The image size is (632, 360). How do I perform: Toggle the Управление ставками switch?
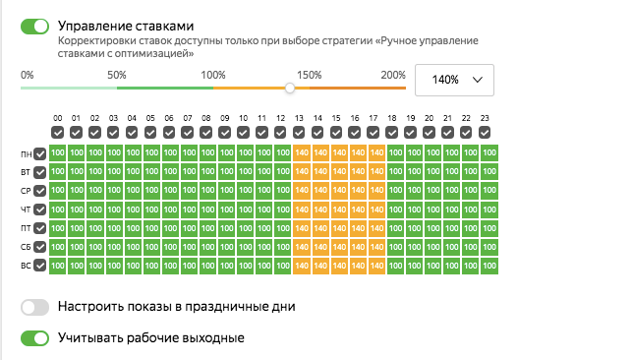[x=34, y=26]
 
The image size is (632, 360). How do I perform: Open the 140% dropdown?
[x=454, y=80]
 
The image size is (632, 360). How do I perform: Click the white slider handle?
[x=290, y=88]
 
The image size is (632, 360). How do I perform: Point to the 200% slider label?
[x=393, y=75]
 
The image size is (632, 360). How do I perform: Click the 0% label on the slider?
[x=28, y=75]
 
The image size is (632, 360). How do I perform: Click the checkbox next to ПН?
[x=39, y=153]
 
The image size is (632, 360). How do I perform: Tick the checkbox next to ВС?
[x=39, y=266]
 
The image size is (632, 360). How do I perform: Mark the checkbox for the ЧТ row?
[x=39, y=210]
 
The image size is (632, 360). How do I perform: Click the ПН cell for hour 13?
[x=300, y=153]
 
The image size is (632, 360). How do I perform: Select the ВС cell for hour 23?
[x=485, y=266]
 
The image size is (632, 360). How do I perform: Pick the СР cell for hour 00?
[x=58, y=191]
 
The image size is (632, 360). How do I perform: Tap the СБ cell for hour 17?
[x=373, y=247]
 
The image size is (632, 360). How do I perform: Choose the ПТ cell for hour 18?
[x=392, y=228]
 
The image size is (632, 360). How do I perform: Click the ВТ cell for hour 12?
[x=281, y=172]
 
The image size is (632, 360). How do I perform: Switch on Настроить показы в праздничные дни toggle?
[x=34, y=307]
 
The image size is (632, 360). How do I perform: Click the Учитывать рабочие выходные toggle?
[x=34, y=338]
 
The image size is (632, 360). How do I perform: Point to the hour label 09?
[x=225, y=118]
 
